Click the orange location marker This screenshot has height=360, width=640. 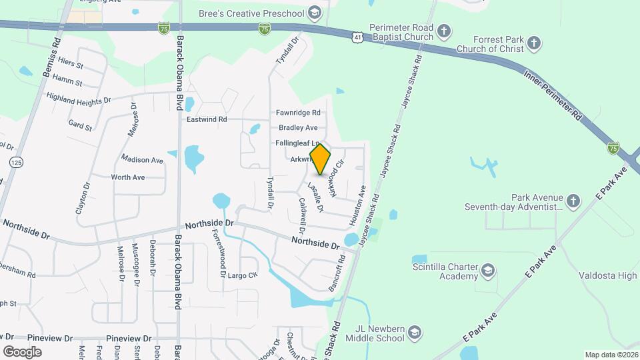click(321, 159)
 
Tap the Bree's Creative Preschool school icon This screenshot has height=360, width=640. click(314, 13)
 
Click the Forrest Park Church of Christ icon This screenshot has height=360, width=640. click(533, 44)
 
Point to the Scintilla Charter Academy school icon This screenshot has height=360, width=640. click(488, 270)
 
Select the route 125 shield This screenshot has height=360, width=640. click(16, 162)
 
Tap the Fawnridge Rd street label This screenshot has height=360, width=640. click(298, 113)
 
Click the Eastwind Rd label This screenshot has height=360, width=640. click(207, 119)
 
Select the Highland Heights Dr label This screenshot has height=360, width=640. click(79, 98)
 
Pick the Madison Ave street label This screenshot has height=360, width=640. click(142, 160)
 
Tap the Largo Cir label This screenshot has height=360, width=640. click(242, 275)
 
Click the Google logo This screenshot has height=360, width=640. click(22, 351)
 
